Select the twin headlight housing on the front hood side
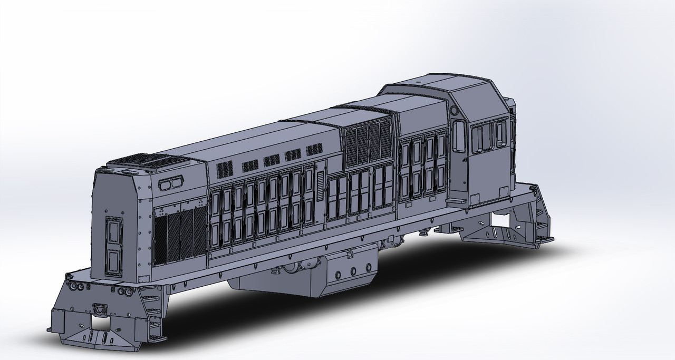[170, 184]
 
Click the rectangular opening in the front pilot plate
[100, 322]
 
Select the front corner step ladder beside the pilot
[155, 316]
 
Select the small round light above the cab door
[454, 111]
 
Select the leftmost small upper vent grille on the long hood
[225, 169]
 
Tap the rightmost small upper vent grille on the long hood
[314, 150]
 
